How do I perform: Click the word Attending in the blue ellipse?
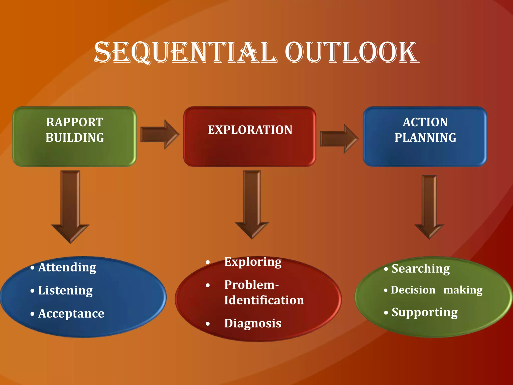[67, 267]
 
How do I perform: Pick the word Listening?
[65, 291]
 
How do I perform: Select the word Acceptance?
[71, 313]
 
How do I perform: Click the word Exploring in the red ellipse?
[253, 262]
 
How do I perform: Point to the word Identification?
[264, 300]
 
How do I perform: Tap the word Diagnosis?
[253, 323]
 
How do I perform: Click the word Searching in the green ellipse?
[421, 269]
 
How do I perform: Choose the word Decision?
[413, 290]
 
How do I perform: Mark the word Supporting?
[425, 312]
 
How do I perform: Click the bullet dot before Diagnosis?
[208, 324]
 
